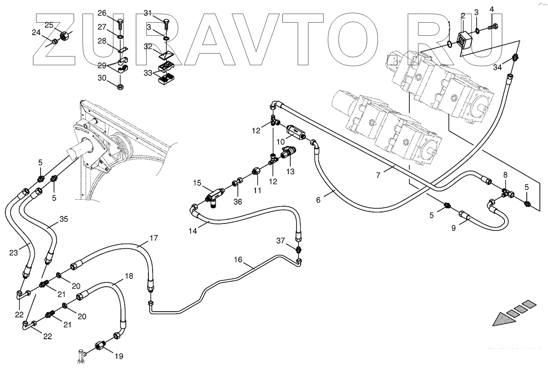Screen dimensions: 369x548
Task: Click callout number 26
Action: click(x=102, y=13)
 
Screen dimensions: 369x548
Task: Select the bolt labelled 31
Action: click(x=167, y=24)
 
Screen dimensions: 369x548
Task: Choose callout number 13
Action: click(x=291, y=171)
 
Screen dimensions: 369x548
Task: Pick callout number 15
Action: click(x=197, y=183)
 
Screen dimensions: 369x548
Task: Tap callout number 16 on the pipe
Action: click(x=238, y=260)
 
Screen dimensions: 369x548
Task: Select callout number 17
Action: click(x=154, y=238)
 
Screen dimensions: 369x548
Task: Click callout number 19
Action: click(x=119, y=356)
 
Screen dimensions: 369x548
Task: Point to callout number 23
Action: click(x=13, y=253)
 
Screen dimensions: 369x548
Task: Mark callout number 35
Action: click(x=63, y=219)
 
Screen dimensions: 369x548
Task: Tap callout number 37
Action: click(x=281, y=241)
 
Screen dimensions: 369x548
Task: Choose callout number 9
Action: click(x=453, y=228)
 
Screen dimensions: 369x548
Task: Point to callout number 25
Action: click(x=49, y=25)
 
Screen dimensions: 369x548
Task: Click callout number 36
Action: click(x=238, y=201)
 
